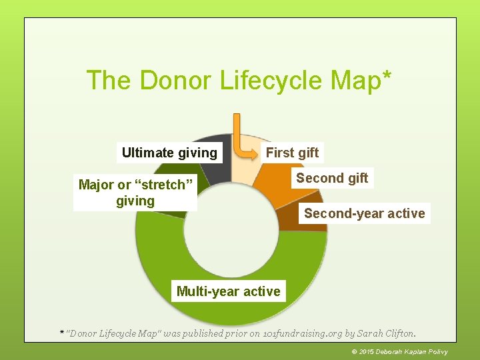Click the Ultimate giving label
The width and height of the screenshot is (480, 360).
coord(169,153)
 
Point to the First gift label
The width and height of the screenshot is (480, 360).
coord(292,153)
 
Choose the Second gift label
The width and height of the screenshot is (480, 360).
coord(331,178)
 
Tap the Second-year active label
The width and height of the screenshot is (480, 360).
coord(364,213)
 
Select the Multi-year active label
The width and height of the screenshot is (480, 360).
coord(228,291)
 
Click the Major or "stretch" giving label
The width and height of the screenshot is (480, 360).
coord(135,193)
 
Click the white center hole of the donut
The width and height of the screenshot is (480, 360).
coord(231,230)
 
